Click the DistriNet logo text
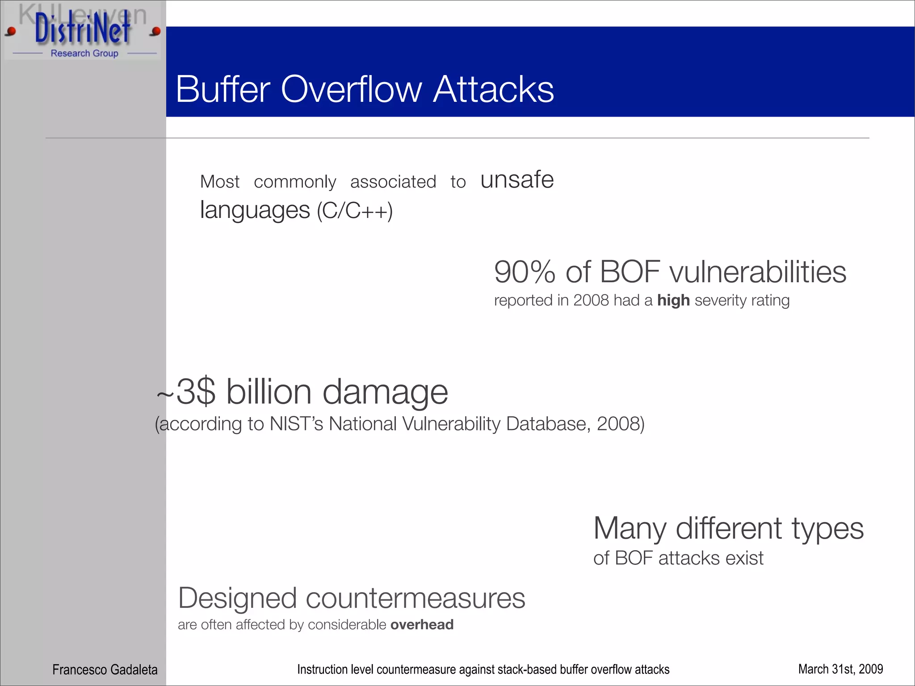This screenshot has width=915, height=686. pyautogui.click(x=83, y=29)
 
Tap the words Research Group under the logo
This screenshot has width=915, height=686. pyautogui.click(x=84, y=54)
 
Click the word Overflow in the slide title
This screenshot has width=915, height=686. pyautogui.click(x=351, y=89)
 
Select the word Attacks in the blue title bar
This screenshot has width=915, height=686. pyautogui.click(x=494, y=89)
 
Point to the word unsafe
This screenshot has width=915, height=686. pyautogui.click(x=517, y=180)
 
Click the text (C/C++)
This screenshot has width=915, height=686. pyautogui.click(x=355, y=211)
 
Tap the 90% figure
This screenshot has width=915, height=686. pyautogui.click(x=525, y=272)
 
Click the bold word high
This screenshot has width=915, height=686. pyautogui.click(x=673, y=301)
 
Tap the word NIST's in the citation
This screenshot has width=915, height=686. pyautogui.click(x=296, y=424)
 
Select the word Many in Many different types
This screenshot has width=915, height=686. pyautogui.click(x=630, y=529)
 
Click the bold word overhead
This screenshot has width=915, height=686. pyautogui.click(x=422, y=624)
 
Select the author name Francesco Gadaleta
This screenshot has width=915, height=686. pyautogui.click(x=105, y=669)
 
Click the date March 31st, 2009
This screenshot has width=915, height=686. pyautogui.click(x=840, y=669)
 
